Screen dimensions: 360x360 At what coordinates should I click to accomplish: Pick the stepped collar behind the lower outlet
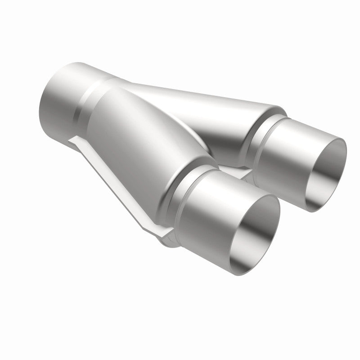[x=180, y=198]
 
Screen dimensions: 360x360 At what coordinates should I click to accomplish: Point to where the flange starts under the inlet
[x=72, y=142]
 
